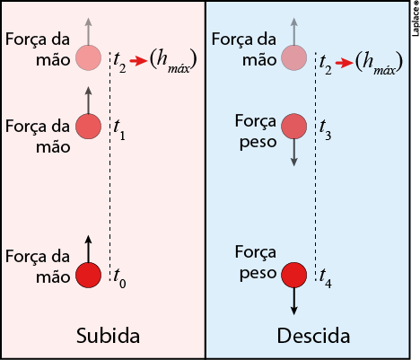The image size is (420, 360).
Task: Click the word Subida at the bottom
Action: click(108, 336)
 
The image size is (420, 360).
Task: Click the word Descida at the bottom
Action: click(313, 336)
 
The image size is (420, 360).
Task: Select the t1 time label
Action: click(119, 130)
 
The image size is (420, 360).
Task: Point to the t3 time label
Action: click(325, 130)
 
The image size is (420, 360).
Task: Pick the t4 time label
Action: click(326, 278)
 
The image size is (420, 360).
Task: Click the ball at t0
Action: click(88, 275)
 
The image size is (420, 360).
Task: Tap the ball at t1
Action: click(88, 127)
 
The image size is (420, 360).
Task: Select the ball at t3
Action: click(294, 127)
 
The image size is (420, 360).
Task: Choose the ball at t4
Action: click(294, 275)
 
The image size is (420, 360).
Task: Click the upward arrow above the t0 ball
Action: click(88, 249)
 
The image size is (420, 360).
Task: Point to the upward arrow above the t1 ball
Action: click(88, 101)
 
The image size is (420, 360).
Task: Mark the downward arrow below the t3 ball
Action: click(294, 153)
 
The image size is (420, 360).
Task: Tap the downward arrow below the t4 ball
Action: click(294, 301)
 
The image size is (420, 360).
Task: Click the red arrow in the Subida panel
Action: click(139, 61)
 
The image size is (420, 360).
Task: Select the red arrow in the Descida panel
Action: click(345, 63)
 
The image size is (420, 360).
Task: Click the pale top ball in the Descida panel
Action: click(294, 57)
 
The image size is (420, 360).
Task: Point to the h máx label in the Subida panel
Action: click(173, 61)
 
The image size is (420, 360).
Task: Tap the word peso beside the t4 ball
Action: click(258, 273)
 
